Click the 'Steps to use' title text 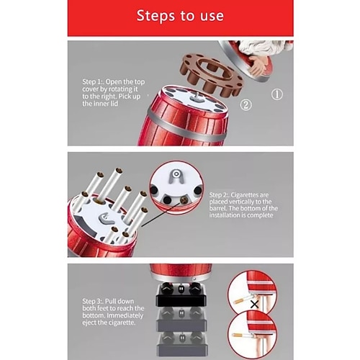[x=180, y=16]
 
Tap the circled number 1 [x=277, y=94]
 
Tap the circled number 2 [x=246, y=105]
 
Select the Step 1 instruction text [x=114, y=93]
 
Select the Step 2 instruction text [x=243, y=204]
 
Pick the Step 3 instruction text [x=113, y=312]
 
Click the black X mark [x=254, y=305]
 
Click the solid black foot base [x=181, y=294]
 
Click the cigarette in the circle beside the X [x=242, y=300]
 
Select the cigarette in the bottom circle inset [x=242, y=336]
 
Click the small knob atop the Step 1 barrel [x=197, y=96]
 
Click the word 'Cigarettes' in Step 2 [x=250, y=194]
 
